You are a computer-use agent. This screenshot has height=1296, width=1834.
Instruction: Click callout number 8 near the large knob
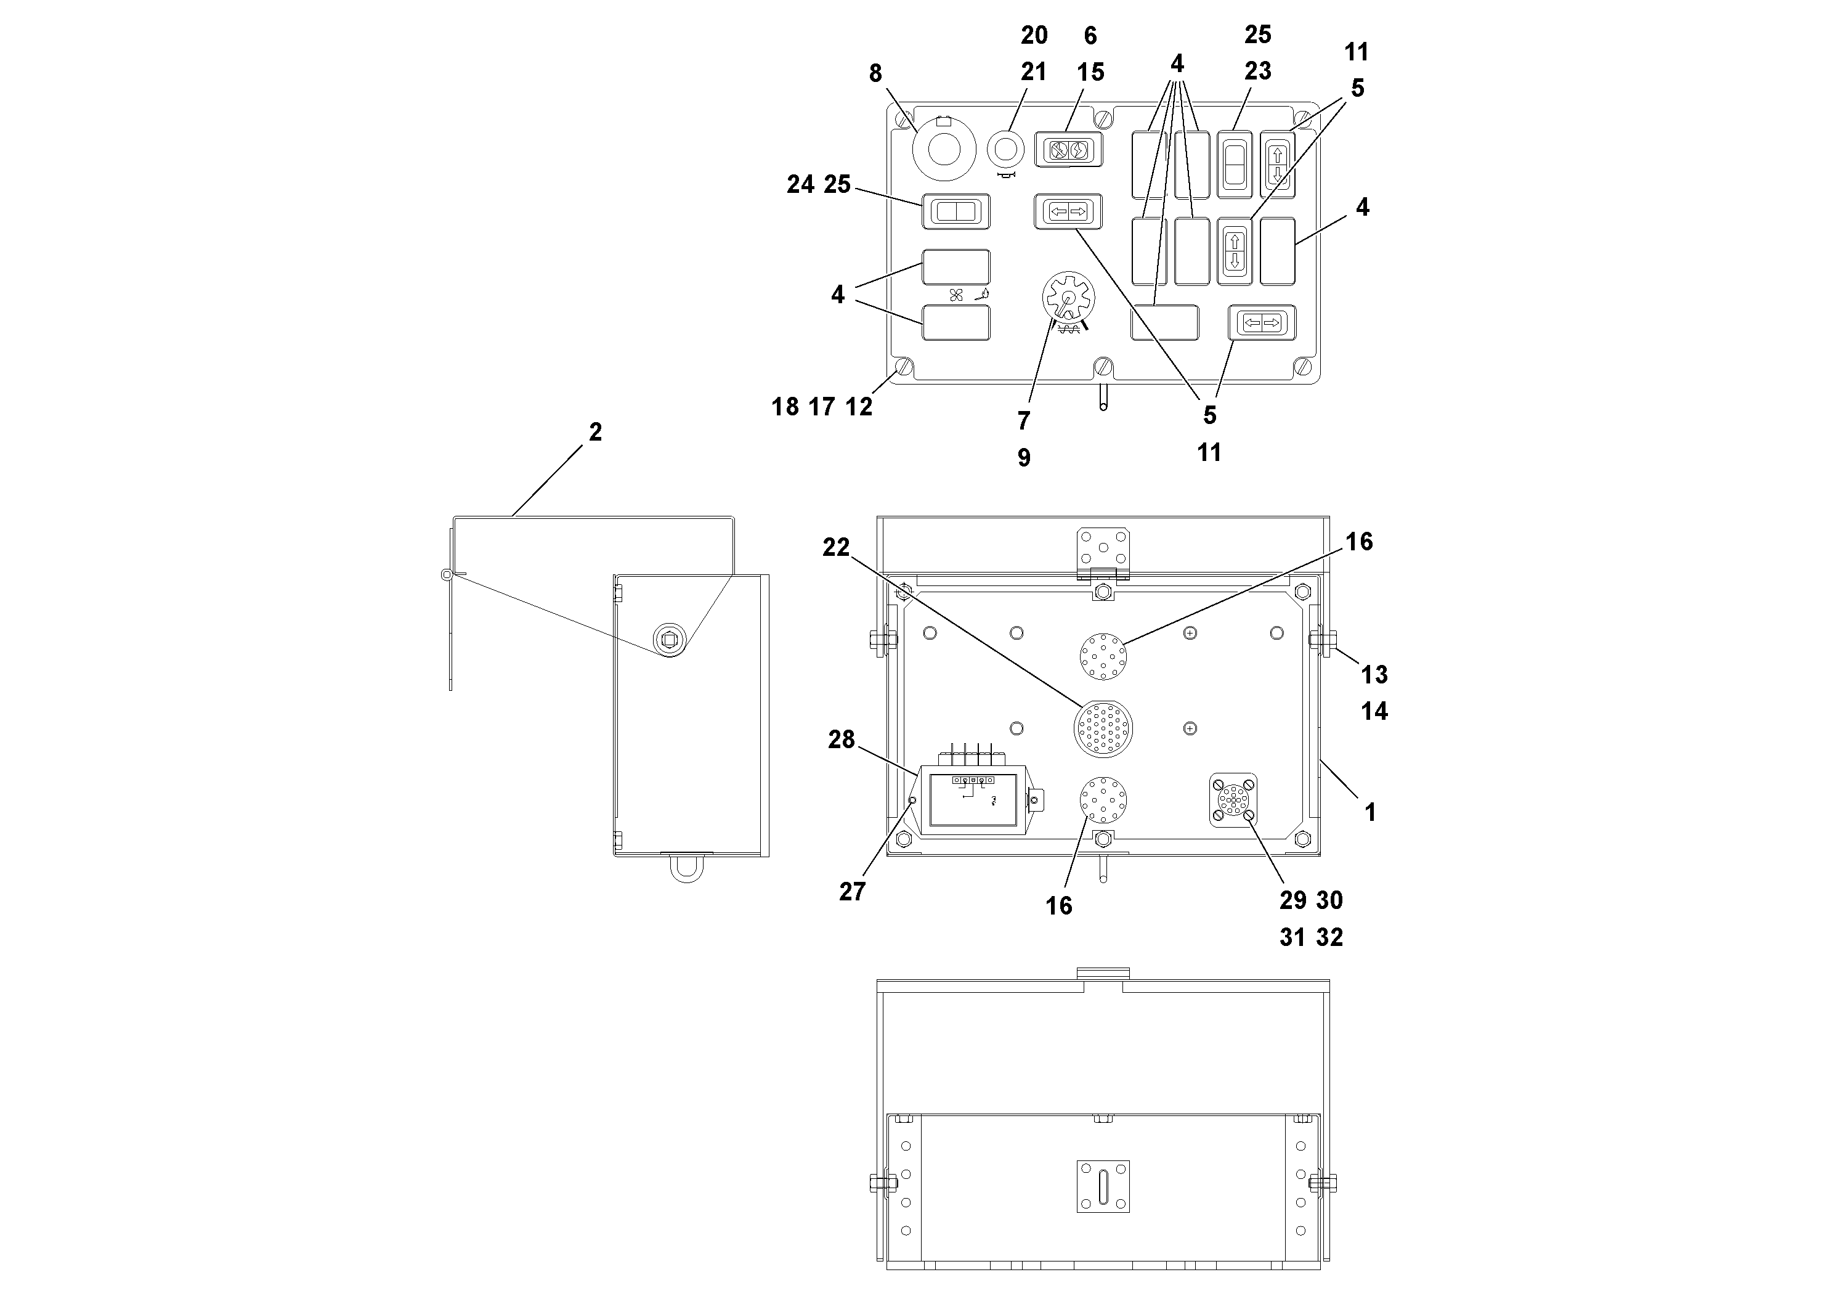coord(875,73)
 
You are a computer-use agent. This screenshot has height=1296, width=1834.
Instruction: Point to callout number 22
coord(837,547)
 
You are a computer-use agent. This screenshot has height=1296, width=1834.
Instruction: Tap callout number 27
coord(852,892)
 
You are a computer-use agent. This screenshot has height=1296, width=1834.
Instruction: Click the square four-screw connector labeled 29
coord(1233,801)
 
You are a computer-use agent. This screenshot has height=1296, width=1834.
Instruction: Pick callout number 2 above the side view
coord(595,432)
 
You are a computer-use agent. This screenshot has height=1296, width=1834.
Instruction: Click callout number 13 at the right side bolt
coord(1374,675)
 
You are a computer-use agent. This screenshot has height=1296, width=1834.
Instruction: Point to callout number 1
coord(1370,813)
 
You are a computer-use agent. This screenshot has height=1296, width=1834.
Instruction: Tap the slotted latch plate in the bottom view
coord(1103,1186)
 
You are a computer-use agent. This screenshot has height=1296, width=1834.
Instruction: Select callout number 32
coord(1329,937)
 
